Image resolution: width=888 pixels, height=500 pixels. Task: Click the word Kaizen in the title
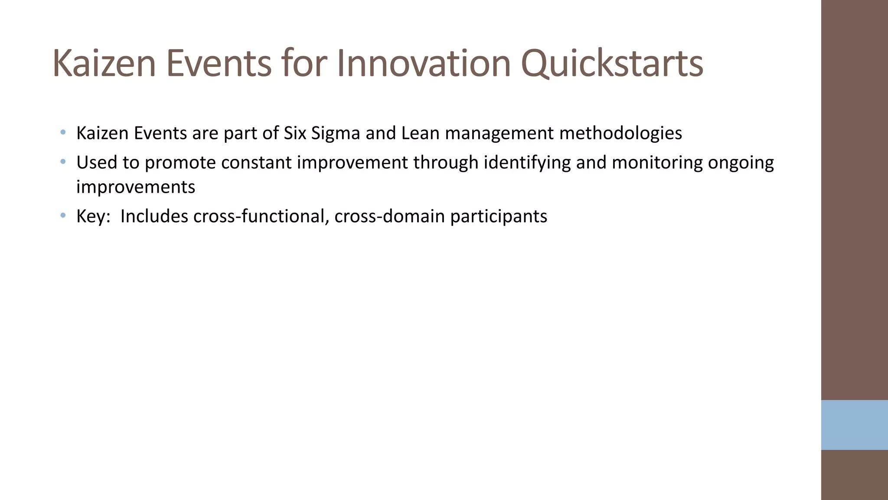click(104, 64)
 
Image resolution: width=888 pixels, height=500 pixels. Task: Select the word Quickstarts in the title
click(611, 64)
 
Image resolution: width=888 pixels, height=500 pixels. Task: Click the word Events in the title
click(219, 64)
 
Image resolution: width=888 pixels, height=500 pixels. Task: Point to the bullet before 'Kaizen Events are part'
click(63, 132)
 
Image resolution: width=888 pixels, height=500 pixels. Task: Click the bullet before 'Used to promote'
click(63, 162)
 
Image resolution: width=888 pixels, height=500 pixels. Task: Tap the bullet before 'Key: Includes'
click(63, 215)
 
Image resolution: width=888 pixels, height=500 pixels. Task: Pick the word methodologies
click(620, 133)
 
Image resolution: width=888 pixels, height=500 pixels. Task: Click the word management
click(499, 133)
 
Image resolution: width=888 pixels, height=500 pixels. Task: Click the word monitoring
click(657, 163)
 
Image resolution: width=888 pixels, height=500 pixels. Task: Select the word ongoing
click(741, 163)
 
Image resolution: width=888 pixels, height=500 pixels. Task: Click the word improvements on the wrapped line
click(136, 187)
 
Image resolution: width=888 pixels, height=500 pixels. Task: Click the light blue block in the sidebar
click(854, 425)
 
